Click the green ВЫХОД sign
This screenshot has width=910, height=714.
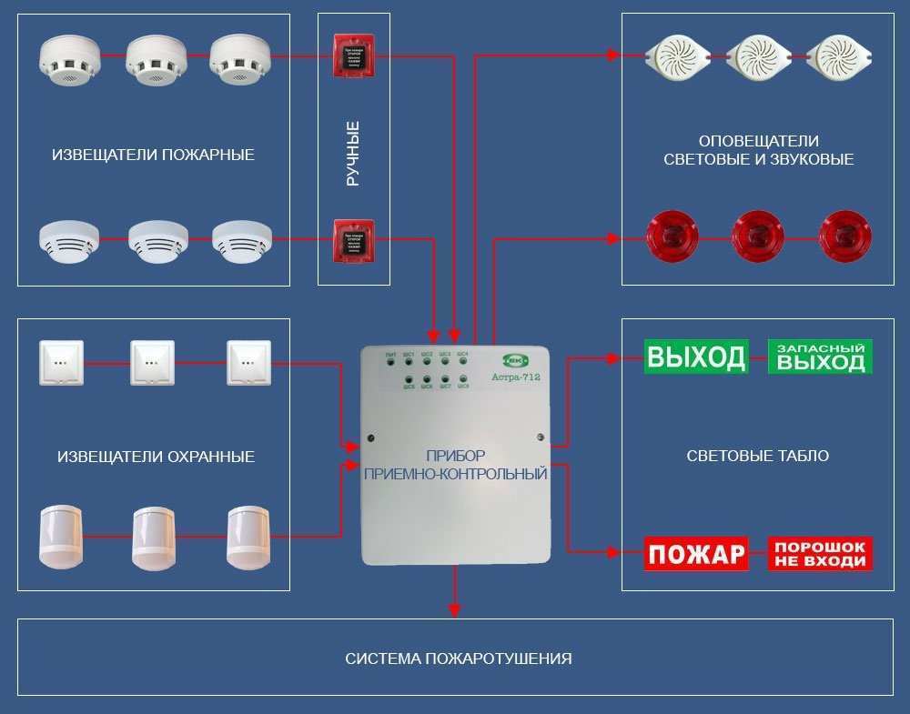[x=696, y=357]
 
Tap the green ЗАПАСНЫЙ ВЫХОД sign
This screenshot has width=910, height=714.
[x=821, y=357]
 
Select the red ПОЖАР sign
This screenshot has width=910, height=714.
[x=696, y=553]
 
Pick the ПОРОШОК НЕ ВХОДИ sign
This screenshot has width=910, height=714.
[x=821, y=553]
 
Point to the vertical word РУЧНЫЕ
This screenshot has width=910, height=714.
[x=353, y=154]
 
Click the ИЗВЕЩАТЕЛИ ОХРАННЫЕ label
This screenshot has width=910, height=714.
[x=154, y=457]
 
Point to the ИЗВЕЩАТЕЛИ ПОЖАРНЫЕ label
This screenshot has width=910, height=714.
[x=154, y=155]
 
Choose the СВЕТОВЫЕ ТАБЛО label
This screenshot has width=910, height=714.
[x=758, y=456]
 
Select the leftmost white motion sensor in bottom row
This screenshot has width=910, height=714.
[x=61, y=538]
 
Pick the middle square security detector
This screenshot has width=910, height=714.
[x=152, y=363]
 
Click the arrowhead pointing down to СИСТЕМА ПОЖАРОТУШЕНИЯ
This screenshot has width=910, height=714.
[x=456, y=608]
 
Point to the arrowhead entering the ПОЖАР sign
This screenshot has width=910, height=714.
[x=634, y=552]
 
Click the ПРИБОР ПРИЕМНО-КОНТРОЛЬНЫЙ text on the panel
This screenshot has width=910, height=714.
[x=455, y=464]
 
